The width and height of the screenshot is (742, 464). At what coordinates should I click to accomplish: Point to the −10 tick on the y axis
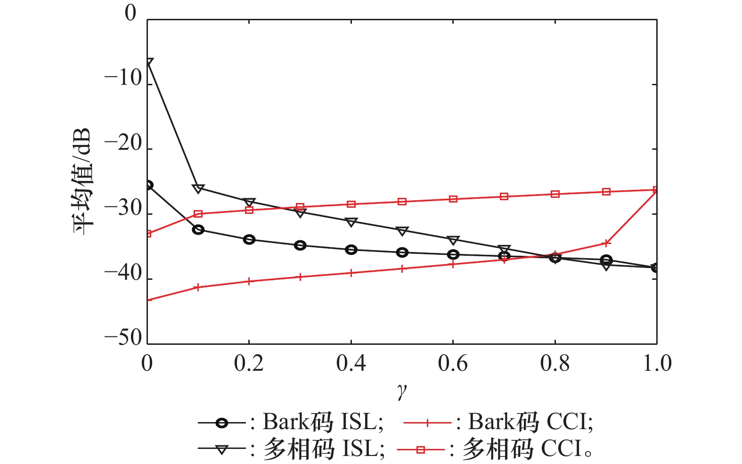pos(123,79)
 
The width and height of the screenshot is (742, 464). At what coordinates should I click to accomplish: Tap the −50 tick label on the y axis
pos(123,338)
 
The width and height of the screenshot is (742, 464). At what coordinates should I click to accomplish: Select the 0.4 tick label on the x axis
pos(351,364)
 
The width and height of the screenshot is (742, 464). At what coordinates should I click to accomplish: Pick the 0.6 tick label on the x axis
pos(453,364)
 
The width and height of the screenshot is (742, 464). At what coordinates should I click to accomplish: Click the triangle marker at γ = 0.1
pos(198,189)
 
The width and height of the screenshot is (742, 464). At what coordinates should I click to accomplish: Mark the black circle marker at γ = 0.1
pos(198,230)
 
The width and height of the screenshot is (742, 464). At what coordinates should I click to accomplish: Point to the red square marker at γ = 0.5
pos(402,202)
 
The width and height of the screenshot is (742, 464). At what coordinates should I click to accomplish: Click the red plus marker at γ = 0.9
pos(606,244)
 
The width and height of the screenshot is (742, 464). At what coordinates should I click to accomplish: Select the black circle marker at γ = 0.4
pos(351,250)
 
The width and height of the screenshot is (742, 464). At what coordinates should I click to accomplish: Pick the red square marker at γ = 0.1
pos(198,214)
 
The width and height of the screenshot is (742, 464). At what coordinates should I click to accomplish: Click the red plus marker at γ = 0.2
pos(249,282)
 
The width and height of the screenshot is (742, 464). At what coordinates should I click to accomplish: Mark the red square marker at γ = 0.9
pos(606,192)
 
